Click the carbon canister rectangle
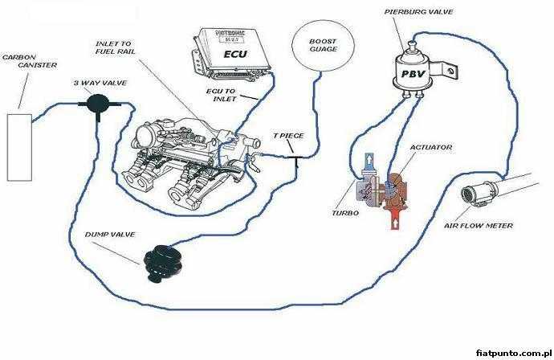(x=20, y=147)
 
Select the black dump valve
(x=164, y=264)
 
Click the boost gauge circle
(x=323, y=44)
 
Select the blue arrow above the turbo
(x=369, y=162)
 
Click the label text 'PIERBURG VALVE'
(x=418, y=12)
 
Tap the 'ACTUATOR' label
(x=430, y=147)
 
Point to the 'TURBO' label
(x=345, y=213)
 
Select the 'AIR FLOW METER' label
(x=479, y=225)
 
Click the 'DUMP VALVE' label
(x=110, y=235)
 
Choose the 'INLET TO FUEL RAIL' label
(x=115, y=47)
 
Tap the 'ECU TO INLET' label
(x=222, y=95)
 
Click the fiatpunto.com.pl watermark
(x=513, y=353)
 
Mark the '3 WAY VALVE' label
(x=100, y=83)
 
